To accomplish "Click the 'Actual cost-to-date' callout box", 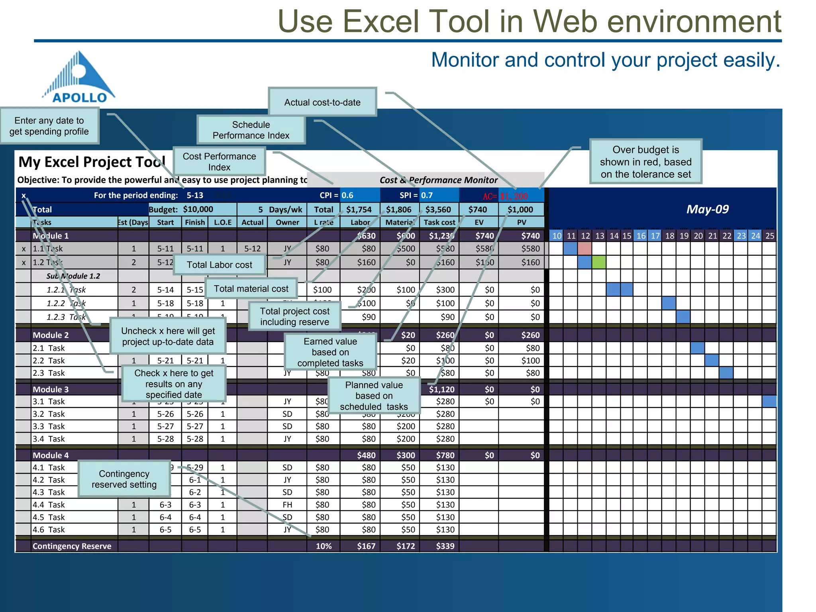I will pos(322,102).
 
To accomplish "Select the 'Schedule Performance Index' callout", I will pos(251,130).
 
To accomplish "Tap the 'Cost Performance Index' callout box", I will pos(219,161).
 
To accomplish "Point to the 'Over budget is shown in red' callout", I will pos(645,162).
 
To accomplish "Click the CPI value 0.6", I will pos(348,195).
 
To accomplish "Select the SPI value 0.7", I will pos(427,195).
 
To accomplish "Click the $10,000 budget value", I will pos(198,209).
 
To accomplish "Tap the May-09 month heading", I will pos(707,209).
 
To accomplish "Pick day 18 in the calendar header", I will pos(670,235).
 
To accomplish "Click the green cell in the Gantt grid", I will pos(599,262).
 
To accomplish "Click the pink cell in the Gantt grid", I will pos(585,249).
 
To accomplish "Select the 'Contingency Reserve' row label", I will pos(72,546).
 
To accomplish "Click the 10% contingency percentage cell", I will pos(324,546).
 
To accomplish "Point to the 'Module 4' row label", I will pos(51,455).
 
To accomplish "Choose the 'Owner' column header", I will pos(287,222).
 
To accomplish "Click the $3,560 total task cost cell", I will pos(438,210).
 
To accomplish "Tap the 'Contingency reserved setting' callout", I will pos(124,479).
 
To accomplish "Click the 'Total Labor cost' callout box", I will pos(220,265).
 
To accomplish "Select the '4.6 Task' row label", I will pos(49,530).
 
